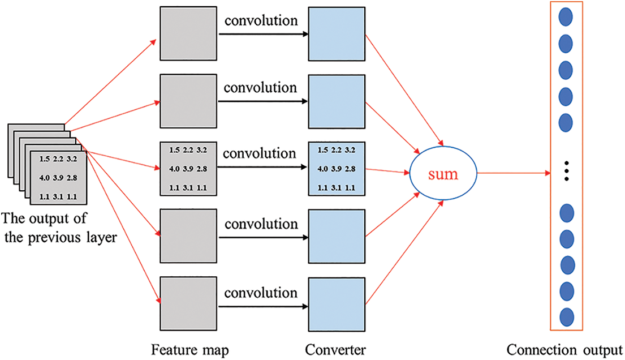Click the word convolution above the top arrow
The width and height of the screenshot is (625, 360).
(x=261, y=22)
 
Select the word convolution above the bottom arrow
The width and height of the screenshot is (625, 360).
(x=261, y=293)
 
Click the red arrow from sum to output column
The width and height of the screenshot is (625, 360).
(x=512, y=173)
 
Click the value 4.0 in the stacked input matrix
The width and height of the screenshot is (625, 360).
(x=43, y=178)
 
